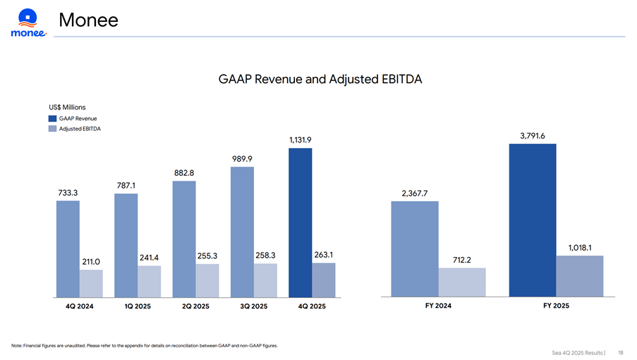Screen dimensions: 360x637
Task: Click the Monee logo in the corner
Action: click(28, 23)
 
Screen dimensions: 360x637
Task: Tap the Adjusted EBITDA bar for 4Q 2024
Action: click(91, 282)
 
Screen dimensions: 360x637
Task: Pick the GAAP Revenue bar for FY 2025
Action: click(533, 220)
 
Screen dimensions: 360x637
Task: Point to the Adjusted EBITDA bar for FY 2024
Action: click(462, 282)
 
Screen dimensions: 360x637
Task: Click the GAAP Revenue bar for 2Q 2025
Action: click(184, 239)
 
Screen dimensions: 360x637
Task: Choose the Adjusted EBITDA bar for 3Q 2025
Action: click(265, 280)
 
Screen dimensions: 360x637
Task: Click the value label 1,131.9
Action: click(300, 140)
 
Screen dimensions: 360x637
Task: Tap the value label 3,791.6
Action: click(533, 136)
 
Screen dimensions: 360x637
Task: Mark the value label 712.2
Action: click(462, 260)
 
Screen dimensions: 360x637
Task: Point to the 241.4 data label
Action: click(149, 258)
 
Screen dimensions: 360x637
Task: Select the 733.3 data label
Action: click(68, 192)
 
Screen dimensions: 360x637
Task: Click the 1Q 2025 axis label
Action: click(138, 306)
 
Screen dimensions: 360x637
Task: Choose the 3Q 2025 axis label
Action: click(254, 306)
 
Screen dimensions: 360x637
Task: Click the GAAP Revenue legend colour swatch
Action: click(53, 118)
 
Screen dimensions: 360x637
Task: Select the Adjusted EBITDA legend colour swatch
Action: click(53, 128)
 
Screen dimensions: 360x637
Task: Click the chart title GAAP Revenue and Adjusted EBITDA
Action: click(320, 79)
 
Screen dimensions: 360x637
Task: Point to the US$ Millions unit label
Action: click(67, 107)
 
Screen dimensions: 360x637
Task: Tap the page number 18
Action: click(620, 352)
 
